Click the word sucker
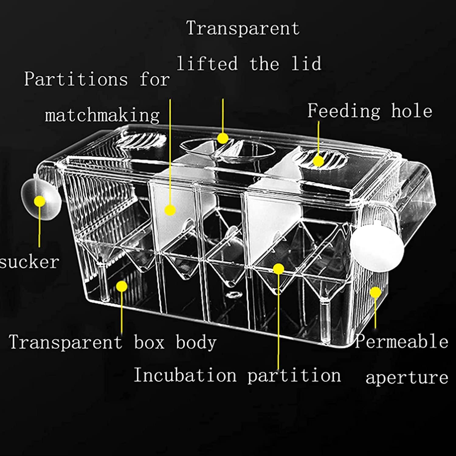(x=29, y=262)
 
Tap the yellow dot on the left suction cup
(x=40, y=201)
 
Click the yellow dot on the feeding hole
(x=318, y=161)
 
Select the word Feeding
(x=344, y=111)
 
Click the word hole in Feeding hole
(x=412, y=111)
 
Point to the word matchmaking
(x=102, y=116)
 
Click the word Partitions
(x=76, y=79)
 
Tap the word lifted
(x=207, y=64)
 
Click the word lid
(x=306, y=64)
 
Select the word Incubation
(x=185, y=375)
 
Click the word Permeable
(x=402, y=341)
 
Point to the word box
(x=149, y=342)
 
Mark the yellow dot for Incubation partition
(x=278, y=268)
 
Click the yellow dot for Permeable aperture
(x=376, y=292)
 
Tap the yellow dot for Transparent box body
(x=122, y=286)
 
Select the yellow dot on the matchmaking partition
(x=170, y=210)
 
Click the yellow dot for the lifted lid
(x=223, y=139)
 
